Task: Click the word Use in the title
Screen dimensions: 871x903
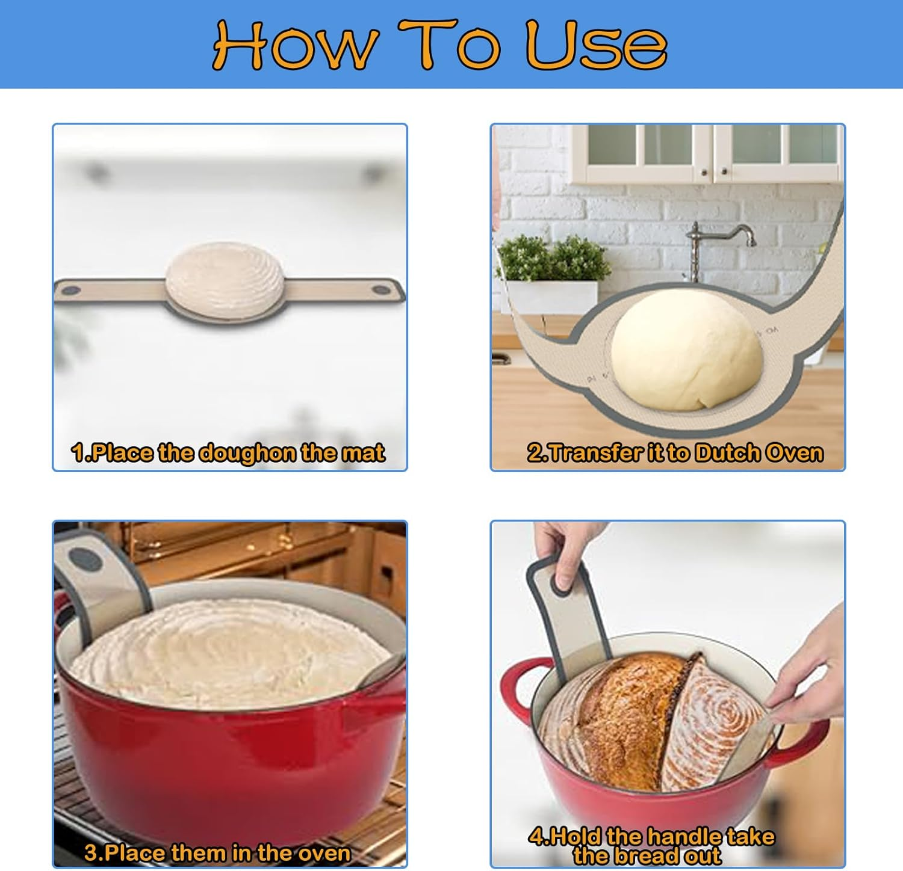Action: click(596, 45)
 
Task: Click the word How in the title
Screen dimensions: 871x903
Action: click(295, 45)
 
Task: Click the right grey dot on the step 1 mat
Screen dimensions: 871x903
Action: click(380, 290)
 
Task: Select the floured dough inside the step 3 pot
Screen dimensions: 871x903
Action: click(229, 650)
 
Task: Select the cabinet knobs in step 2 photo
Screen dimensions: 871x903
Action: click(714, 173)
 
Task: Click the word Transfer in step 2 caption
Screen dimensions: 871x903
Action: click(592, 453)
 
